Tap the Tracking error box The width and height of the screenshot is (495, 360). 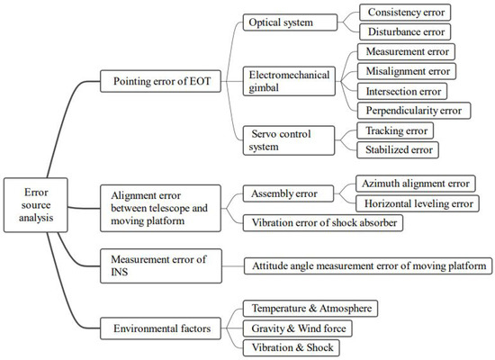tap(397, 130)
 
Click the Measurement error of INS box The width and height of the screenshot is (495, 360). tap(157, 265)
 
